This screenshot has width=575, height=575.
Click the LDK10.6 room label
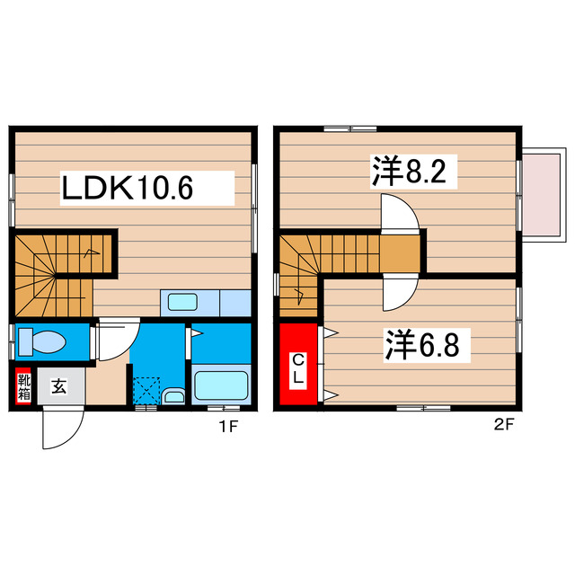[x=128, y=189]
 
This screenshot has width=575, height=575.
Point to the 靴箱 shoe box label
[x=24, y=387]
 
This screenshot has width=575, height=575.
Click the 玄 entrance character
[x=59, y=387]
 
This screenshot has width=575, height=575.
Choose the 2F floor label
[x=504, y=426]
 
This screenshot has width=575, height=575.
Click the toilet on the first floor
[x=45, y=341]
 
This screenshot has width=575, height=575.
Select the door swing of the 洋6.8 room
[x=399, y=291]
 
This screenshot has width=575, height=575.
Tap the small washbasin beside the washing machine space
[x=175, y=396]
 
